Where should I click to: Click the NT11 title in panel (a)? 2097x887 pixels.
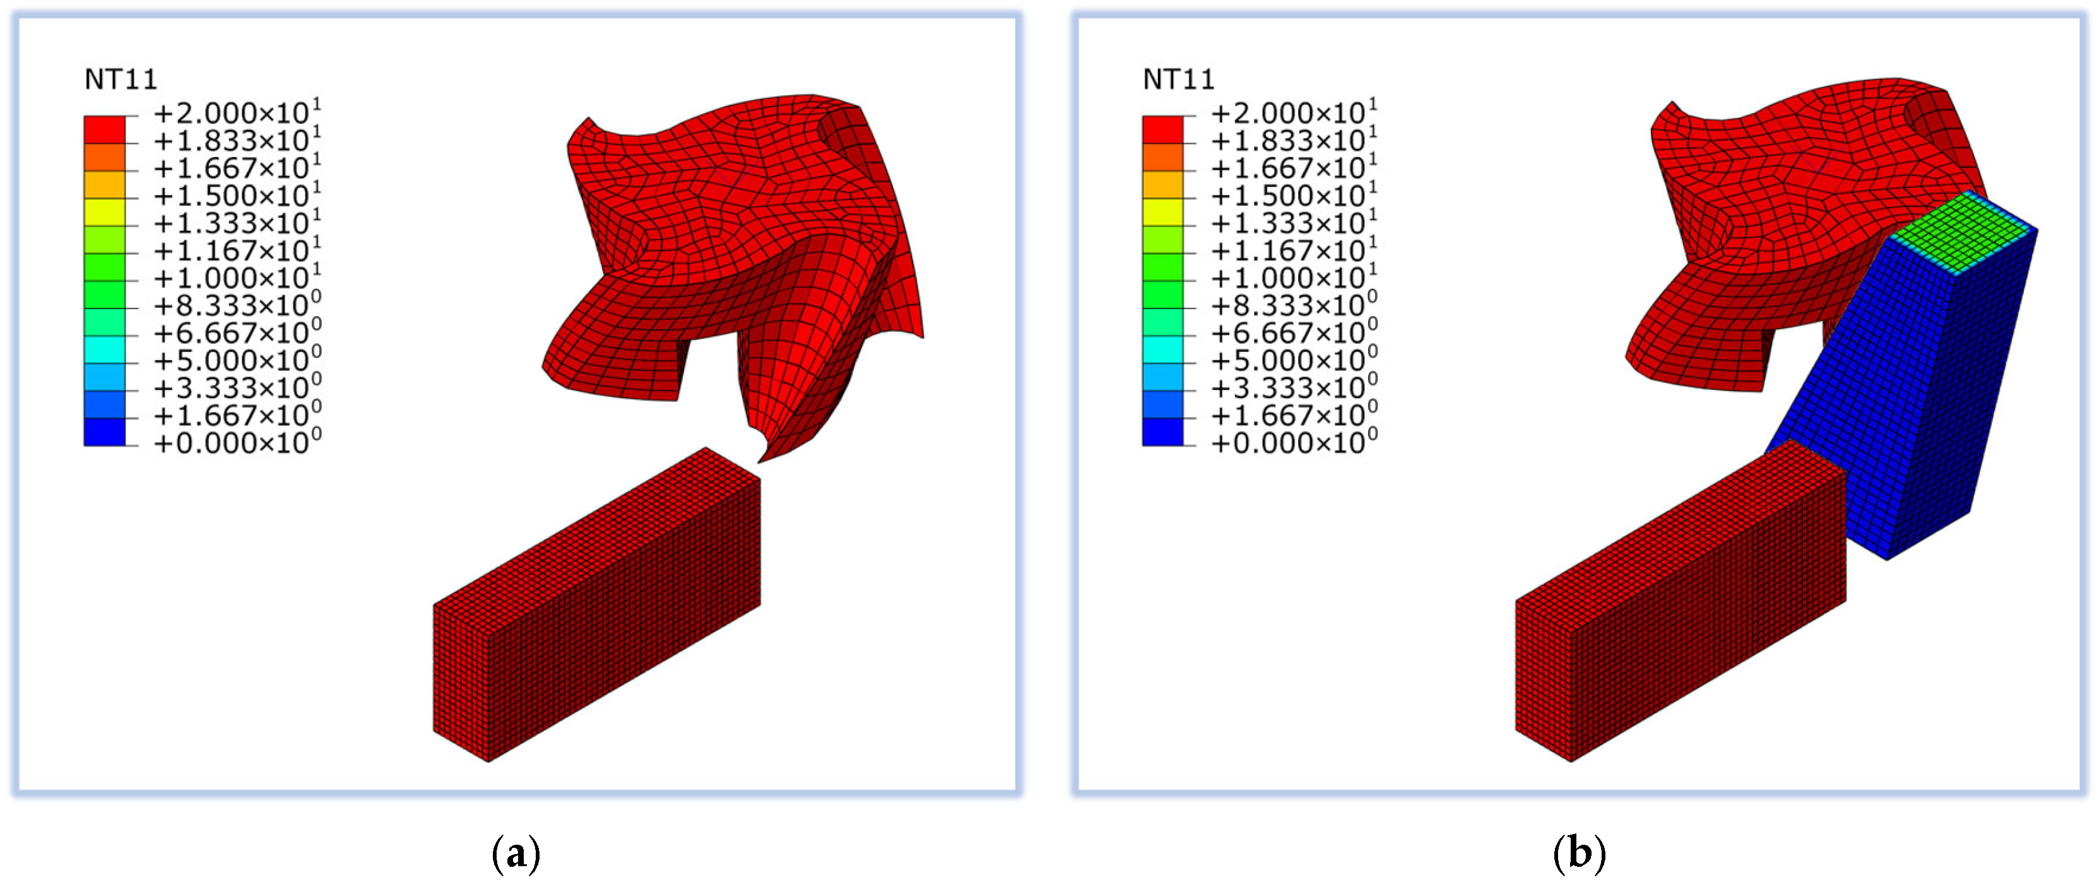pyautogui.click(x=121, y=79)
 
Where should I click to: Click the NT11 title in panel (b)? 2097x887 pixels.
pyautogui.click(x=1179, y=79)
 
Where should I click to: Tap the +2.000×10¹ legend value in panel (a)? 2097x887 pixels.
pyautogui.click(x=237, y=112)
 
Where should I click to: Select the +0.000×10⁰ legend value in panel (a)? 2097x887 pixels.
pyautogui.click(x=237, y=442)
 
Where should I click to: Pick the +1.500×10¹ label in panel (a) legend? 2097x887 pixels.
pyautogui.click(x=237, y=194)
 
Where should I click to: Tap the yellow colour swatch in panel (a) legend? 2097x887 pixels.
pyautogui.click(x=105, y=211)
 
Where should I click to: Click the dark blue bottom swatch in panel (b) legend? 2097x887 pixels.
pyautogui.click(x=1163, y=432)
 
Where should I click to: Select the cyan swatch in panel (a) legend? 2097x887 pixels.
pyautogui.click(x=105, y=349)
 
